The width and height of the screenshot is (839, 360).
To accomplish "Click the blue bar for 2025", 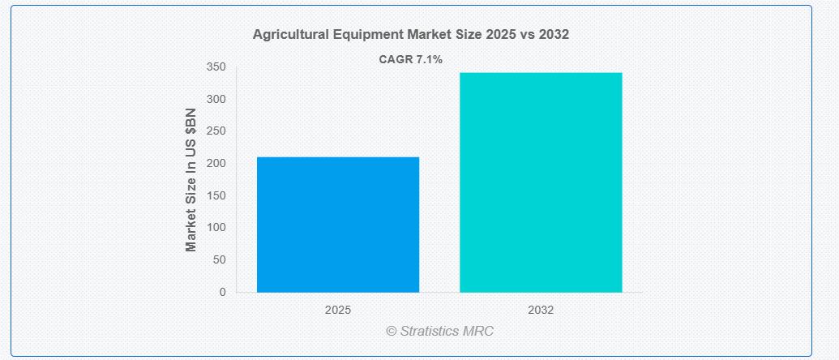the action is point(338,225).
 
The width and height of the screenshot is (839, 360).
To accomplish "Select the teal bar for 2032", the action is point(541,182).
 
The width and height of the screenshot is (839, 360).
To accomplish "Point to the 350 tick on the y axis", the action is point(216,66).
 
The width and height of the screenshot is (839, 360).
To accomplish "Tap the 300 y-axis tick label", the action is point(216,99).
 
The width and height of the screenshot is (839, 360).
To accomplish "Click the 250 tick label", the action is point(216,131).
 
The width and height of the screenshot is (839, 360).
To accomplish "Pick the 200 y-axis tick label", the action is point(216,163).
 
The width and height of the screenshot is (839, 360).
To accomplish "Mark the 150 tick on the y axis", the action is point(216,195).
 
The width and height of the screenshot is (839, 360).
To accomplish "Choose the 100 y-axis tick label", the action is point(216,228).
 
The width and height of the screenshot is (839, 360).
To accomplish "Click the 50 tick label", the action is point(219,260).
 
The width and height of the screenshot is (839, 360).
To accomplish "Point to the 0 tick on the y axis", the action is point(222,293).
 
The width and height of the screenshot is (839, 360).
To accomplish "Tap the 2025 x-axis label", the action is point(338,311).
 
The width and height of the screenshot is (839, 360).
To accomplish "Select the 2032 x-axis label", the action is point(541,311).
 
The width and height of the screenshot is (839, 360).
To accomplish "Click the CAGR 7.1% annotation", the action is point(411,60).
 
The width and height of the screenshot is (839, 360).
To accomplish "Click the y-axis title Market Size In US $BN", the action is point(191,180).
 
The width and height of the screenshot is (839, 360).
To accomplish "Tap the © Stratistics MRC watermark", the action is point(440,331).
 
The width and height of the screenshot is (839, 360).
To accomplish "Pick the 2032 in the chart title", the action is point(554,35).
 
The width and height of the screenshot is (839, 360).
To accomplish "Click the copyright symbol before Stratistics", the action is point(392,332).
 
